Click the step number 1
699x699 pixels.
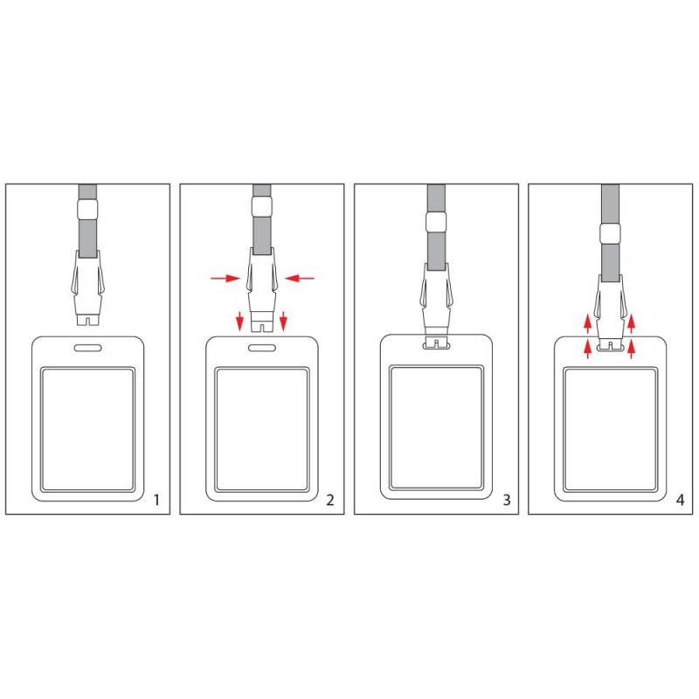point(156,500)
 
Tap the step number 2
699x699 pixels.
point(330,500)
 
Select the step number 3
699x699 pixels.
point(507,500)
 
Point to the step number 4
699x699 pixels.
point(680,500)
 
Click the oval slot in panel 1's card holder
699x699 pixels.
point(88,348)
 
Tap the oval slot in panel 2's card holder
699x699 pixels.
point(261,348)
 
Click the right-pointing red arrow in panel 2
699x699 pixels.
point(225,279)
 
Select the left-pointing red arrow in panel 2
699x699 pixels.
point(299,279)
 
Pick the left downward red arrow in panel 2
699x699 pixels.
point(239,322)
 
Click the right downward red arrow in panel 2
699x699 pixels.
point(283,322)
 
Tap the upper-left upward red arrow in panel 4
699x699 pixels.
point(587,323)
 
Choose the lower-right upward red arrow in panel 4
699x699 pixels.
point(631,349)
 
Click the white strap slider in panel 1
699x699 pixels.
point(87,210)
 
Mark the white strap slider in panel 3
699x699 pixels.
point(436,222)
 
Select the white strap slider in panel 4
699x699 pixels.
point(610,233)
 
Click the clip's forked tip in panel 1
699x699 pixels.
point(87,320)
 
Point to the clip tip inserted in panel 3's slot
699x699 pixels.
point(436,343)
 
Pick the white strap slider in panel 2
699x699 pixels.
point(261,207)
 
